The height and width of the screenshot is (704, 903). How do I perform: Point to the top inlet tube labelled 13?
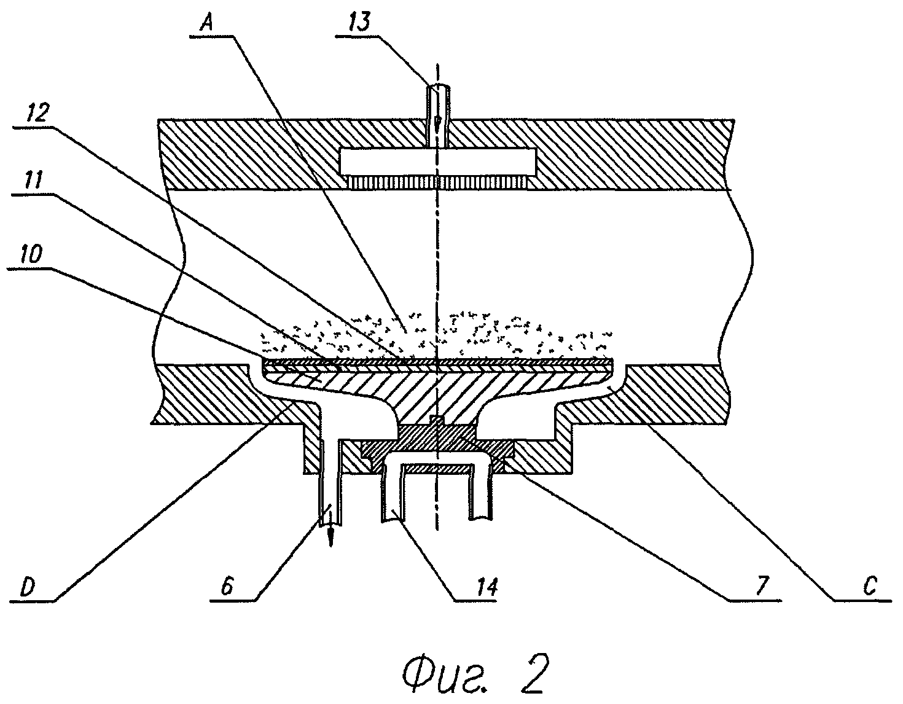point(437,101)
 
